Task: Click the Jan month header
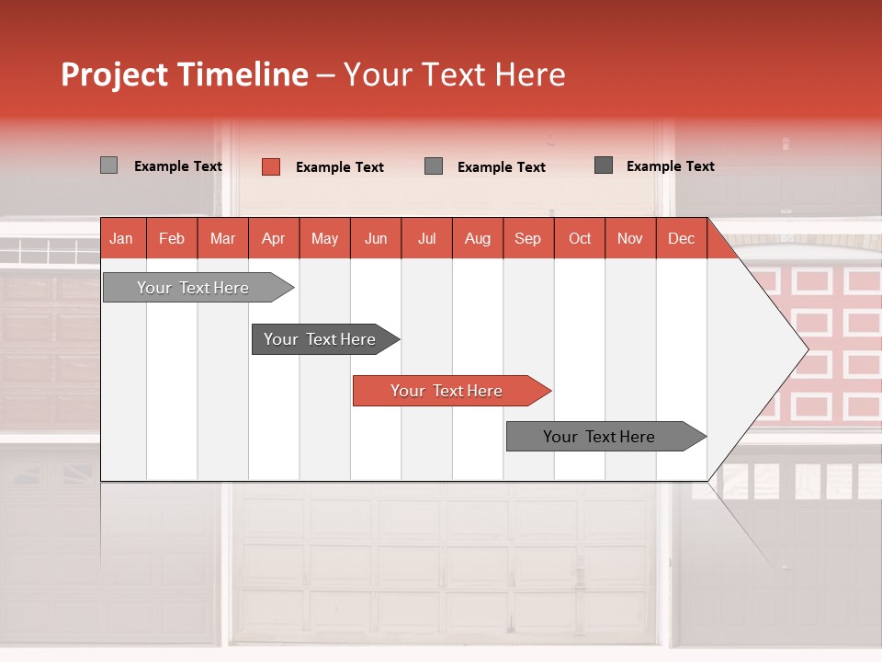click(121, 238)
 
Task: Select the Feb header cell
click(172, 238)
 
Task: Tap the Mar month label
click(222, 238)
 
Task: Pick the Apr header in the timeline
click(274, 238)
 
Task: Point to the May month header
click(324, 238)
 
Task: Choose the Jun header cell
click(376, 238)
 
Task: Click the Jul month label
click(426, 238)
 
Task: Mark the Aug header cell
click(478, 238)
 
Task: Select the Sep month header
click(528, 238)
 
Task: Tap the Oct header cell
click(580, 238)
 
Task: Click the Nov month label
click(630, 238)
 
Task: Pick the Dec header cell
click(682, 238)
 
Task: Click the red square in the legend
click(270, 166)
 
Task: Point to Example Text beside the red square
click(340, 167)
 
